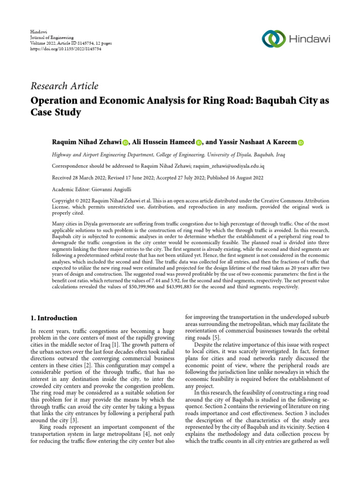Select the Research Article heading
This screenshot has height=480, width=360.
pos(64,86)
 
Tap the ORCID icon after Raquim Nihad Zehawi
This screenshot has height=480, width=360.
pos(125,142)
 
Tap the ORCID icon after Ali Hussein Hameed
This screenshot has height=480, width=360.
pos(198,142)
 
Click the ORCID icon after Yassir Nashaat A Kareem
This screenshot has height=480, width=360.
pos(300,142)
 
